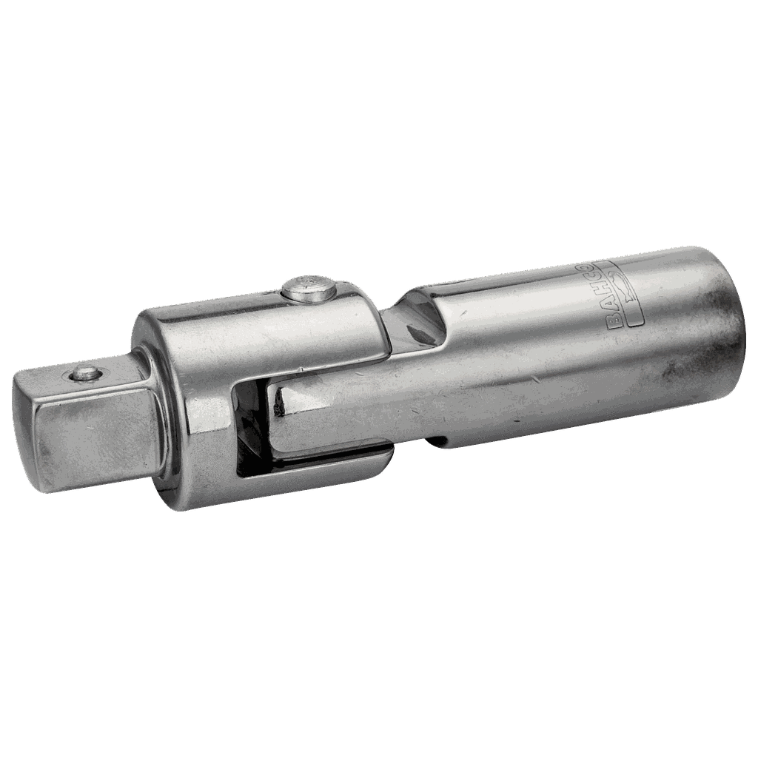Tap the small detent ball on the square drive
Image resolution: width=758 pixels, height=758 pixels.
point(84,374)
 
